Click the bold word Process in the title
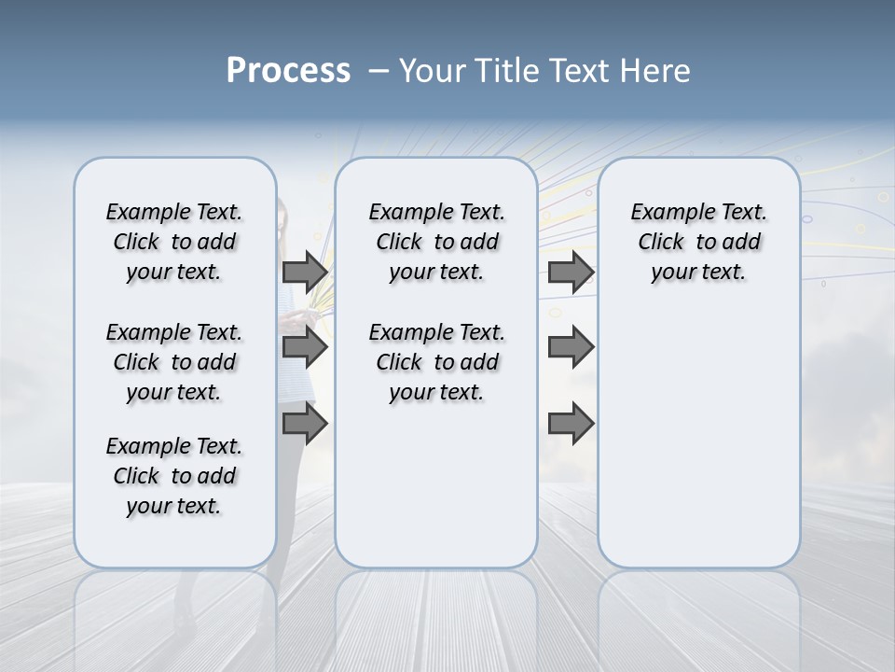[x=288, y=70]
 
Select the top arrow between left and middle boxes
[x=305, y=272]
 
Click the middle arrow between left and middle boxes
[x=305, y=347]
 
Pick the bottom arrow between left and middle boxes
[x=305, y=424]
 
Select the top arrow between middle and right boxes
[x=571, y=272]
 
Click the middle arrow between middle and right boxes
[x=571, y=347]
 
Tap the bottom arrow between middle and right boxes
[x=571, y=424]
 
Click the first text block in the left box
[x=174, y=242]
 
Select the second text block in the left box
[x=174, y=362]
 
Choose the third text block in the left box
[x=174, y=476]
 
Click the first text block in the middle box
[x=437, y=242]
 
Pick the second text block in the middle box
[x=437, y=362]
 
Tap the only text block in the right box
[x=699, y=242]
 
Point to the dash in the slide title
[x=379, y=70]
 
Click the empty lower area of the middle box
[x=436, y=485]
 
